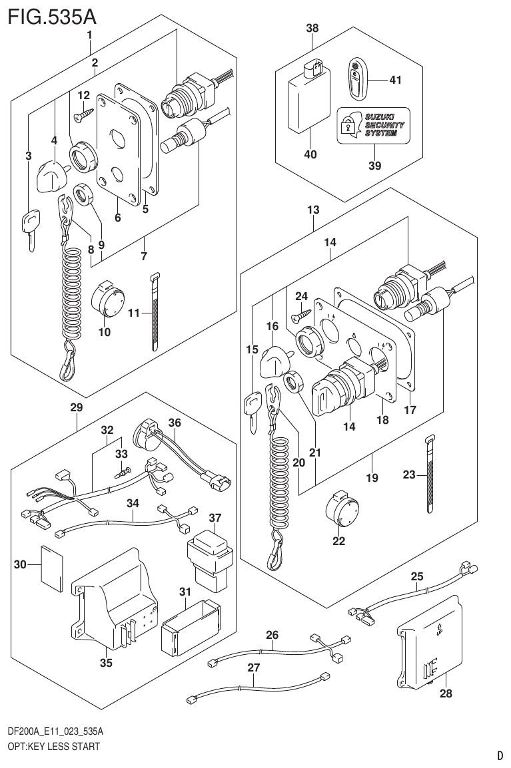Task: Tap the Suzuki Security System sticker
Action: tap(373, 124)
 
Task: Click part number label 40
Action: tap(310, 154)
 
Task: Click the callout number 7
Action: tap(144, 256)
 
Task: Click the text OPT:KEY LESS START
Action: tap(54, 746)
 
